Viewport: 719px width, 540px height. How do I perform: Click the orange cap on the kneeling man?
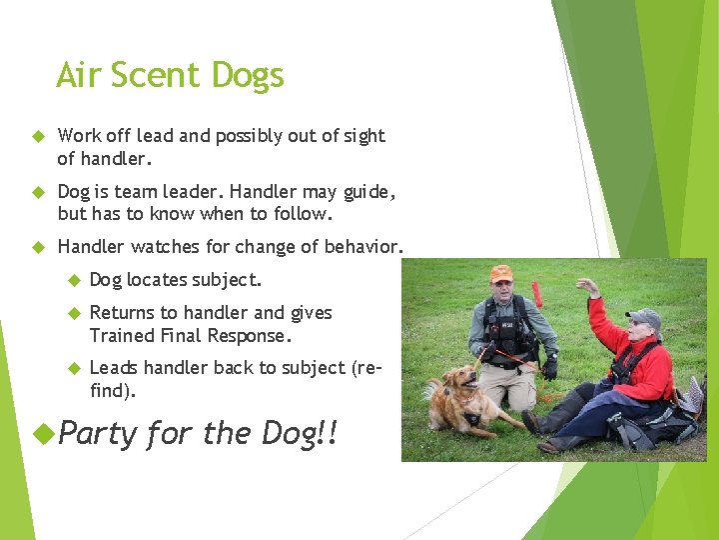(501, 273)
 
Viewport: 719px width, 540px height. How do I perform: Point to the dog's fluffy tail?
(431, 389)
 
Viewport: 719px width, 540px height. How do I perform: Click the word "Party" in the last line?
(98, 433)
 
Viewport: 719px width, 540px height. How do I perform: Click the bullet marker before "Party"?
(40, 433)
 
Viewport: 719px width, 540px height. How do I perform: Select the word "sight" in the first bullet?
(361, 136)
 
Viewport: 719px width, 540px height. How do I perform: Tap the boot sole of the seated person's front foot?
(529, 423)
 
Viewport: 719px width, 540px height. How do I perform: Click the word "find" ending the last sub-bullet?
(109, 391)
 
